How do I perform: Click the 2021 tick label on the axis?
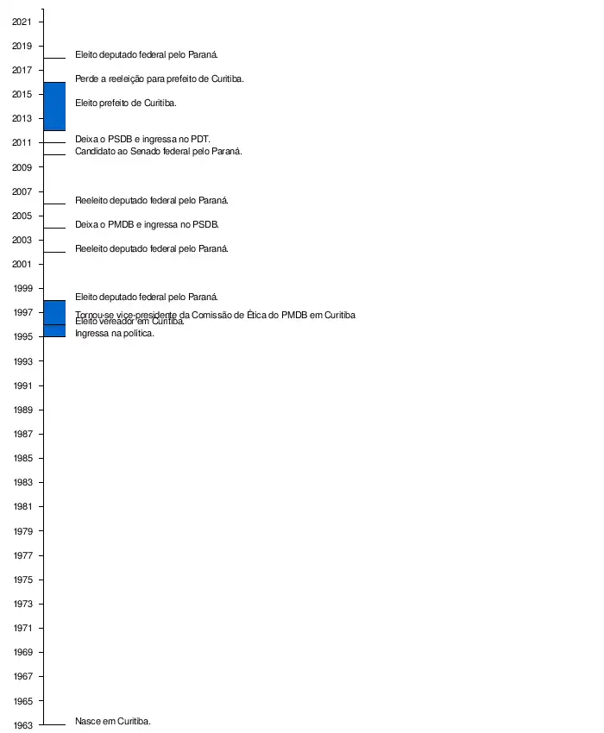22,22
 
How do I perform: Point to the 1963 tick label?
22,725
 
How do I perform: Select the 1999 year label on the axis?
22,288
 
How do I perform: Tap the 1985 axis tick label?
22,458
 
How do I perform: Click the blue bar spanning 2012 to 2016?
54,106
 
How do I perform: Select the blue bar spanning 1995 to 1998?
54,318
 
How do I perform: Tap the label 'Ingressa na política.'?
115,334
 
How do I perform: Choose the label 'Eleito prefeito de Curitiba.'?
126,103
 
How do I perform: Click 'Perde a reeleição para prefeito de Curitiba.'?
160,78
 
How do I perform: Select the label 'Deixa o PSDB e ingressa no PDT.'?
142,139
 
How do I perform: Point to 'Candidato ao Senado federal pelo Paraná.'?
159,151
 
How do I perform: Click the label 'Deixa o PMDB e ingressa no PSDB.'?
147,224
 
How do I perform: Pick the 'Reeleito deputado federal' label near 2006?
152,200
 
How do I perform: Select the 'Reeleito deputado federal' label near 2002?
152,248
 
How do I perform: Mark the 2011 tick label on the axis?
22,142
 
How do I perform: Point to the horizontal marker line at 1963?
54,725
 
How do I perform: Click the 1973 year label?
22,604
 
